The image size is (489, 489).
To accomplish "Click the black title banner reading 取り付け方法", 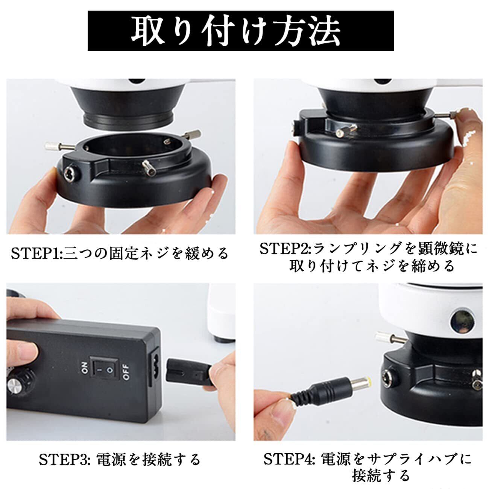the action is pos(241,31).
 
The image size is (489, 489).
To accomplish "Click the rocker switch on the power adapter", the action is pos(105,372).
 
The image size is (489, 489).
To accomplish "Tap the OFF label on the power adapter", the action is pos(126,372).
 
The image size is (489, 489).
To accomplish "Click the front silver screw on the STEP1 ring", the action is pos(149,168).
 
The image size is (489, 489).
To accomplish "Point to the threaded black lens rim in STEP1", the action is pos(129,119).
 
